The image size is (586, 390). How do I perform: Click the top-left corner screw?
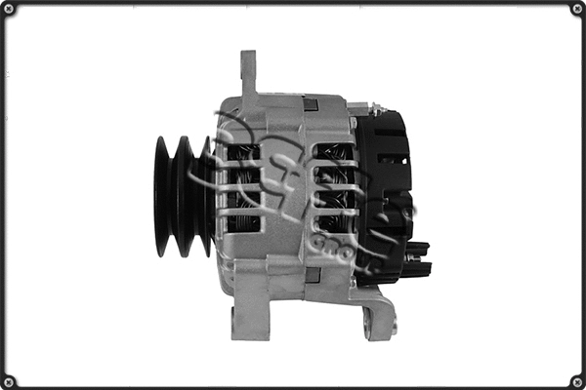point(9,9)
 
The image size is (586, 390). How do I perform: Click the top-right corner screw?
point(577,9)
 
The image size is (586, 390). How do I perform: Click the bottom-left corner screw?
point(9,381)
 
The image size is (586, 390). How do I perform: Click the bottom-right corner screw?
point(577,381)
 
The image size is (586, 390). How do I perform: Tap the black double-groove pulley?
point(180,196)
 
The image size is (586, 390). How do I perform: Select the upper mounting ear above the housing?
point(249,73)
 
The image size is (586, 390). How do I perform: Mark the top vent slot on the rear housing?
point(333,151)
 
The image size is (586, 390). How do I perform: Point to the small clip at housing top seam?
point(311,103)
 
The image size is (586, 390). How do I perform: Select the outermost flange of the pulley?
point(161,196)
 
